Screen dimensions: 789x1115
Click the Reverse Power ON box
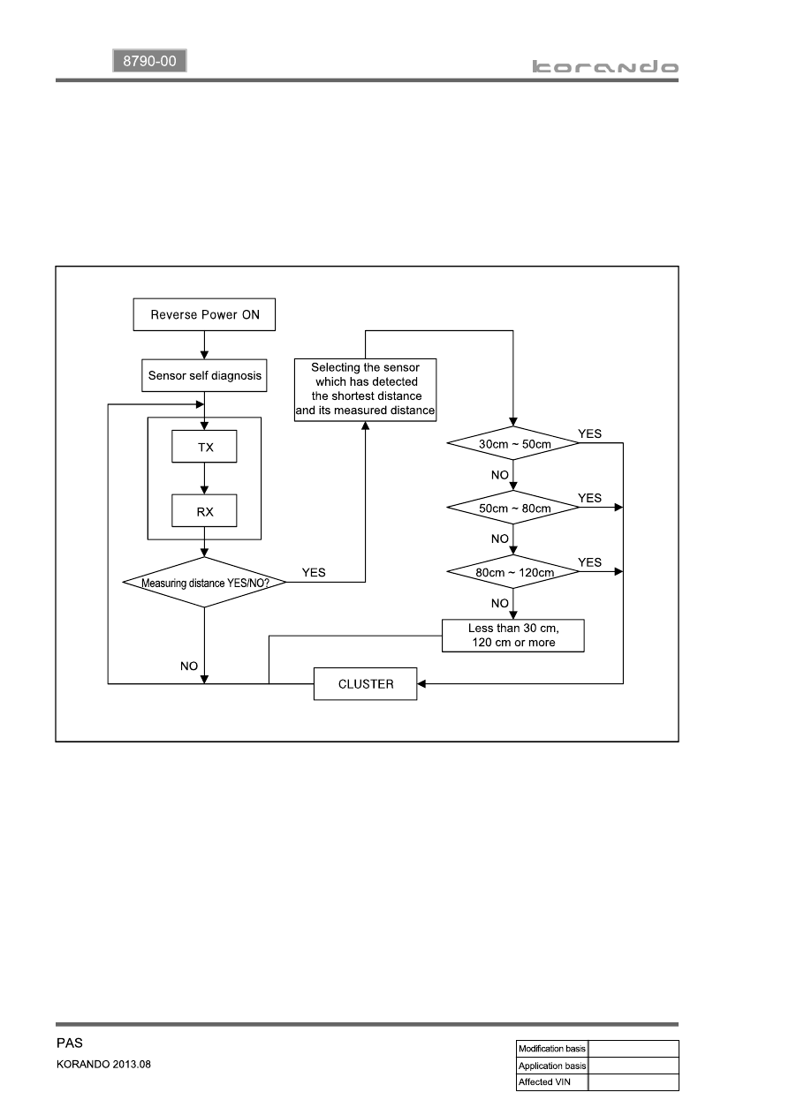tap(204, 314)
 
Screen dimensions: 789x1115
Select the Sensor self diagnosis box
tap(204, 375)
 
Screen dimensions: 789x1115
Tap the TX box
tap(204, 447)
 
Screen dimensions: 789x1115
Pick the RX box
tap(204, 510)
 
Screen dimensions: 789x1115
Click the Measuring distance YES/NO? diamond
tap(204, 583)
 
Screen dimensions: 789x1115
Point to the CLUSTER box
tap(365, 684)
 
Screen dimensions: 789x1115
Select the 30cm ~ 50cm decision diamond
tap(513, 443)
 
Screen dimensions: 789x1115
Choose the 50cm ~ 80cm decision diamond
tap(513, 508)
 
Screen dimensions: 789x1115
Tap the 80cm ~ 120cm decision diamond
tap(513, 572)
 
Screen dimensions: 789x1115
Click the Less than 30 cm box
tap(513, 636)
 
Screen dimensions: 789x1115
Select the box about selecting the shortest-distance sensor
tap(365, 389)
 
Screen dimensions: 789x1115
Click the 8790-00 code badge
tap(149, 61)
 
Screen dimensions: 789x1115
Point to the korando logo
tap(605, 67)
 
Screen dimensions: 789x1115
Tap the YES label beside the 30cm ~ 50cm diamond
tap(589, 433)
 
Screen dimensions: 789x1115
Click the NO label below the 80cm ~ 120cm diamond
tap(499, 603)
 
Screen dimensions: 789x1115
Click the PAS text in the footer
tap(70, 1043)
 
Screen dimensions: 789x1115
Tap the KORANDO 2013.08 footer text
tap(103, 1064)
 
